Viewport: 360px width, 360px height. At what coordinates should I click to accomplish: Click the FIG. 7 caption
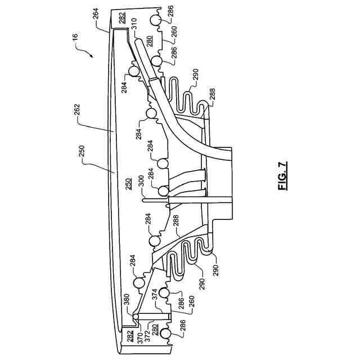coord(282,176)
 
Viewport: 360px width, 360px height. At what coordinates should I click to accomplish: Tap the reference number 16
coord(75,38)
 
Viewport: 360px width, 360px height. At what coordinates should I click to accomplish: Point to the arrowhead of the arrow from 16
coord(91,57)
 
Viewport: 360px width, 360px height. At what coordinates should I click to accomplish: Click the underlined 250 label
coord(129,186)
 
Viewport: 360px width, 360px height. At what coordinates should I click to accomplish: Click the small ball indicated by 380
coord(136,318)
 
